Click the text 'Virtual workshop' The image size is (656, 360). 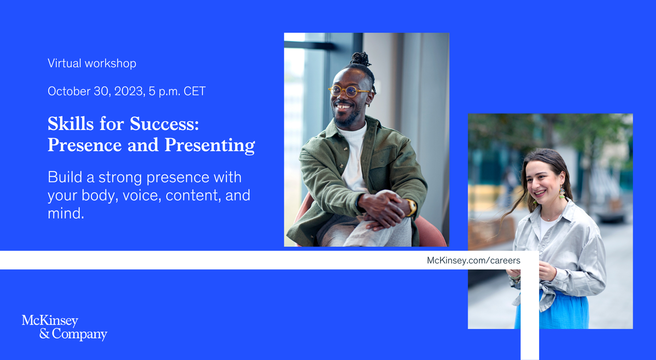coord(92,63)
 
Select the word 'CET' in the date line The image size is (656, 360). coord(195,91)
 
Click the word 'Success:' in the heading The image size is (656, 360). coord(165,123)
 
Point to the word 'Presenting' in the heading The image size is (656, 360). coord(210,145)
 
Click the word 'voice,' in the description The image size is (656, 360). coord(142,196)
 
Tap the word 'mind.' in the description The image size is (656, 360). coord(66,214)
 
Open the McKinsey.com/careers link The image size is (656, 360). coord(473,261)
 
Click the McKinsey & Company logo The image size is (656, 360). coord(65,328)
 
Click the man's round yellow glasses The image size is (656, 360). coord(348,91)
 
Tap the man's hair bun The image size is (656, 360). coord(360,59)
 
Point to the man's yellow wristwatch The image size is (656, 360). coord(412,207)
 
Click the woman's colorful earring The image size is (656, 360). coord(561,193)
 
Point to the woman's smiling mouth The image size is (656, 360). coord(540,193)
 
